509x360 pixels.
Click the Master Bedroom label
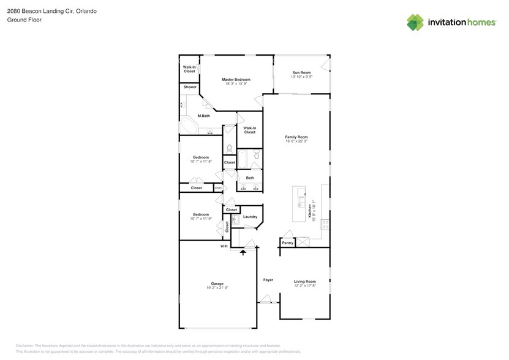236,80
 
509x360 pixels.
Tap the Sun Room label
301,73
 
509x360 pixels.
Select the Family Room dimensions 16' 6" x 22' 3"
296,141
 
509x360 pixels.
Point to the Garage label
217,283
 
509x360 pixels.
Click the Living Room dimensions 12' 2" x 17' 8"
304,285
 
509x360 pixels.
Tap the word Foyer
268,280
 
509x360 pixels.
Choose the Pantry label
287,243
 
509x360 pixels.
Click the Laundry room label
250,217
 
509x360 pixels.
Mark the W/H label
224,246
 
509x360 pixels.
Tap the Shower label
190,88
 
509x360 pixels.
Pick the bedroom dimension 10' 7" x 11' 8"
201,162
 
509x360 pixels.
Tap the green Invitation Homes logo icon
415,22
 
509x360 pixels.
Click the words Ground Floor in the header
21,20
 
